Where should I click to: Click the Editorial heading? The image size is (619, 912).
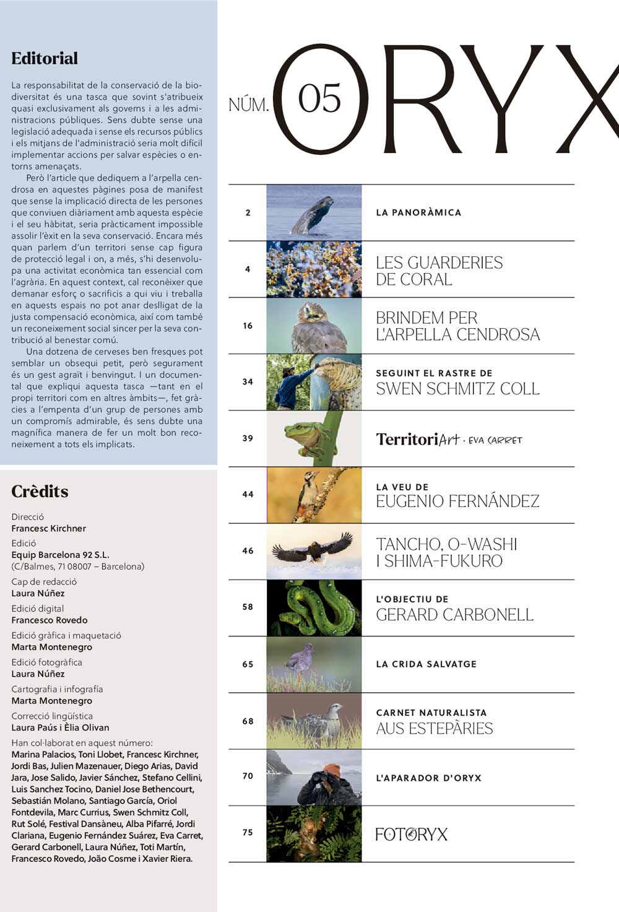(x=45, y=59)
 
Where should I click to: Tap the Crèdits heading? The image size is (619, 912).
(x=40, y=492)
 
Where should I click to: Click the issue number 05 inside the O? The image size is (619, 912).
(x=319, y=99)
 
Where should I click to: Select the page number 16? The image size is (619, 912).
(x=248, y=326)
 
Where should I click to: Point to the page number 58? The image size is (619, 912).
(x=248, y=607)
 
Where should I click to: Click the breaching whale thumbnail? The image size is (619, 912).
(x=314, y=213)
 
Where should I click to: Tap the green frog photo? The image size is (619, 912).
(x=314, y=438)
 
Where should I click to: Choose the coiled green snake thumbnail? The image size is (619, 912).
(x=314, y=608)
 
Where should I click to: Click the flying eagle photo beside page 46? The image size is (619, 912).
(x=314, y=551)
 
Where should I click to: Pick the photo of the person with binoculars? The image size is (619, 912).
(x=314, y=777)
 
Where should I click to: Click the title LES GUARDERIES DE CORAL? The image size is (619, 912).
(x=439, y=271)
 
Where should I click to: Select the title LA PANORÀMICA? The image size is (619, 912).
(x=418, y=213)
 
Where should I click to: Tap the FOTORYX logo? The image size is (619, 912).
(x=411, y=834)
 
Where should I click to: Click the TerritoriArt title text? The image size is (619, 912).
(x=418, y=440)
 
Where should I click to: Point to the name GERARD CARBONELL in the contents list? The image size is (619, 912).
(x=454, y=615)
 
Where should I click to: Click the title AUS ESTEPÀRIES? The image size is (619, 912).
(x=434, y=729)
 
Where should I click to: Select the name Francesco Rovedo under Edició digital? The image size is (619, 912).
(x=50, y=620)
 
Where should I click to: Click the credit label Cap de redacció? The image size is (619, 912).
(x=44, y=582)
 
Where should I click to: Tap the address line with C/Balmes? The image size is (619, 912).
(x=77, y=567)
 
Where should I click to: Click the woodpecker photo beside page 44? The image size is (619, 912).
(x=314, y=495)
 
